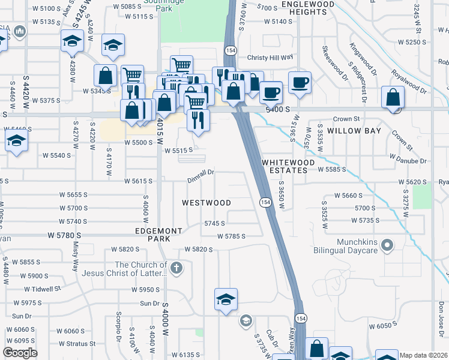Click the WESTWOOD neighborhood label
point(206,203)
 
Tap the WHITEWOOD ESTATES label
point(284,166)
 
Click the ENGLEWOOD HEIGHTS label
point(307,8)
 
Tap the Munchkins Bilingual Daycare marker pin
point(387,244)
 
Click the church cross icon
point(175,268)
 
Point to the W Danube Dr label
point(408,161)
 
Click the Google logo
point(20,353)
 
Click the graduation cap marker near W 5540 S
point(16,142)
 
